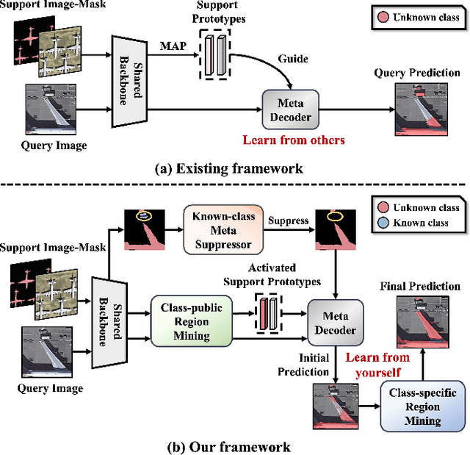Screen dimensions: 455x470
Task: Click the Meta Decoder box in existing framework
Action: tap(286, 110)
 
